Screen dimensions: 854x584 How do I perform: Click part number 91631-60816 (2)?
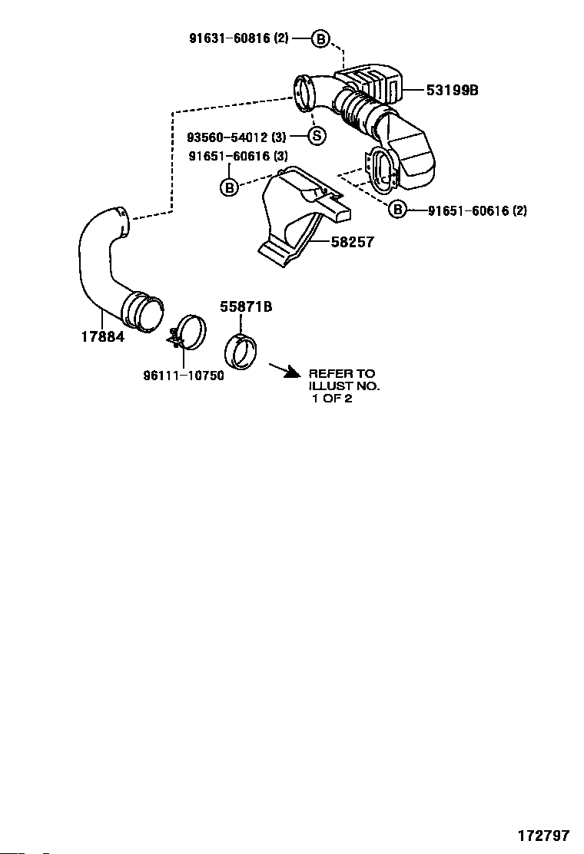pos(238,38)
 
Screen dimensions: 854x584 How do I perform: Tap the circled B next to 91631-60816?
pos(320,38)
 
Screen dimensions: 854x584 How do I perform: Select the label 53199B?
pos(452,90)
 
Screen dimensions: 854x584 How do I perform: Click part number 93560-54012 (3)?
pos(237,137)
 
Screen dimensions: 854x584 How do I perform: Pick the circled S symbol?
pos(317,137)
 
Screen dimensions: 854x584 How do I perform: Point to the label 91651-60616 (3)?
pos(238,156)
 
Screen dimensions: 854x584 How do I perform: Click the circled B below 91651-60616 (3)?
pos(229,187)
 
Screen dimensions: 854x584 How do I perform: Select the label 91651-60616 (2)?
pos(477,210)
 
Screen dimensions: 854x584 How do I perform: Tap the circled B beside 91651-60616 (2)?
pos(397,209)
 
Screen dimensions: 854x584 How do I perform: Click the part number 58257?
pos(352,242)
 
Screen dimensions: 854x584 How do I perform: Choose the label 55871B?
pos(246,306)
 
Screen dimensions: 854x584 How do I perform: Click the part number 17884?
pos(102,336)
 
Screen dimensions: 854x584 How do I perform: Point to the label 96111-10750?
pos(184,376)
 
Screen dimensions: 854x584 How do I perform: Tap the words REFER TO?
pos(342,374)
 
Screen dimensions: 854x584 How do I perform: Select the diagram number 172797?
pos(543,835)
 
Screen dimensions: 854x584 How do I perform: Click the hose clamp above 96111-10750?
pos(191,333)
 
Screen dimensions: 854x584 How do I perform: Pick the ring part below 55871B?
pos(241,353)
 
